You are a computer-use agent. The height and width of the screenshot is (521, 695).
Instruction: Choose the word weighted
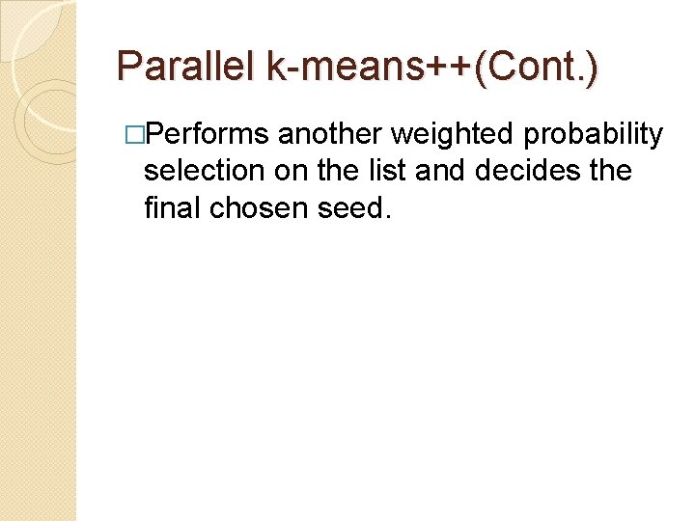pos(449,134)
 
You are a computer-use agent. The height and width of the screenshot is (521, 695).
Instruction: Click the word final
pos(171,207)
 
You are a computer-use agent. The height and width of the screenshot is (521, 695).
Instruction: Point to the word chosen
pos(258,207)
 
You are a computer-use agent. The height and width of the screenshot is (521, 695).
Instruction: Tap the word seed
pos(351,207)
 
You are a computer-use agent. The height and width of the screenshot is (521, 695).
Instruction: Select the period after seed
pos(388,215)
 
